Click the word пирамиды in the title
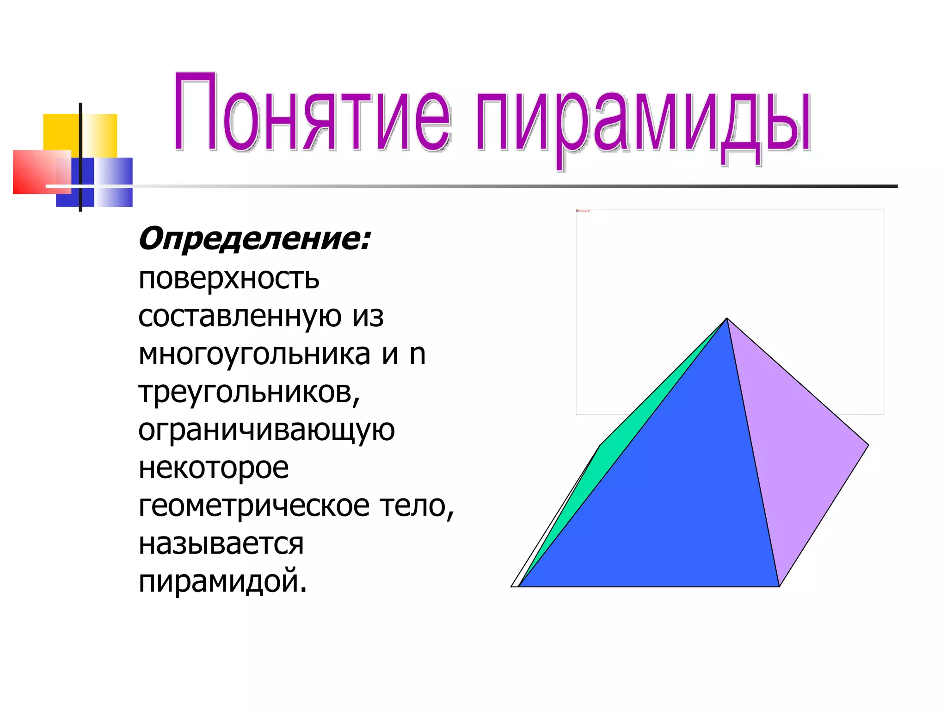point(643,120)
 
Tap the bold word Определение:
point(254,239)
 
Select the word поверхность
point(229,279)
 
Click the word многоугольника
point(254,355)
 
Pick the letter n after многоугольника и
point(418,355)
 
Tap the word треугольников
point(248,393)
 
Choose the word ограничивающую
point(266,431)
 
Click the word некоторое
point(214,468)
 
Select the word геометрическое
point(254,506)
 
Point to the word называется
point(221,544)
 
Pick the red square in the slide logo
point(32,171)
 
